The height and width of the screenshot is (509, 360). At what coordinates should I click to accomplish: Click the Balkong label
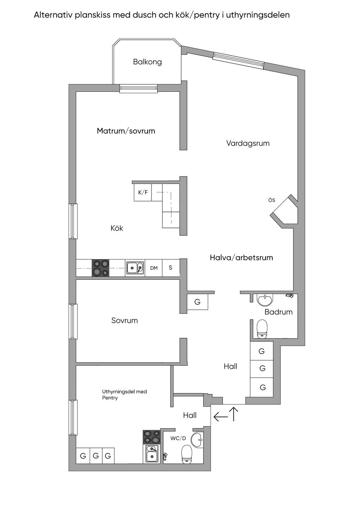(147, 62)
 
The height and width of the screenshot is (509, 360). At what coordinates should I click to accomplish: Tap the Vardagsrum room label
(248, 143)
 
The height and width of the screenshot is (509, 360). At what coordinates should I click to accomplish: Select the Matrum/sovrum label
(126, 131)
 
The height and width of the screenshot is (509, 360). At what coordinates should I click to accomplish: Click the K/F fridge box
(143, 192)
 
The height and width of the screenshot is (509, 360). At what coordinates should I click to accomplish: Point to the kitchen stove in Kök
(101, 268)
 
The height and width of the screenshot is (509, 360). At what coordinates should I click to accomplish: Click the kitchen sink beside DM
(135, 268)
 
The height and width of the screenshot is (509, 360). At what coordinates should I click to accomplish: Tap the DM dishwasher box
(154, 268)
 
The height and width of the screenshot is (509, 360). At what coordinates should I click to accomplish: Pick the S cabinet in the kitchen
(171, 268)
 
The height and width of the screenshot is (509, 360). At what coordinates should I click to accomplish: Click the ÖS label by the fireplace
(271, 200)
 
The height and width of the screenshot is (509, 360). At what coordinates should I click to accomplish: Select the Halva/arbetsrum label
(241, 258)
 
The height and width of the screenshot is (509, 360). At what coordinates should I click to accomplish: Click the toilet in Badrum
(262, 329)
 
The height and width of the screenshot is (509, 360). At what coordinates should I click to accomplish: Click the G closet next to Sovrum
(197, 302)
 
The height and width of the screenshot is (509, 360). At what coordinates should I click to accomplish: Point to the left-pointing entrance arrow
(220, 417)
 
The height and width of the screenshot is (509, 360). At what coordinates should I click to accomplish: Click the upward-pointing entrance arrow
(234, 414)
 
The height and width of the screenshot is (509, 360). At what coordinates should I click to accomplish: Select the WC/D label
(178, 438)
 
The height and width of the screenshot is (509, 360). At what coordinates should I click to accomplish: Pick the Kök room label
(117, 228)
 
